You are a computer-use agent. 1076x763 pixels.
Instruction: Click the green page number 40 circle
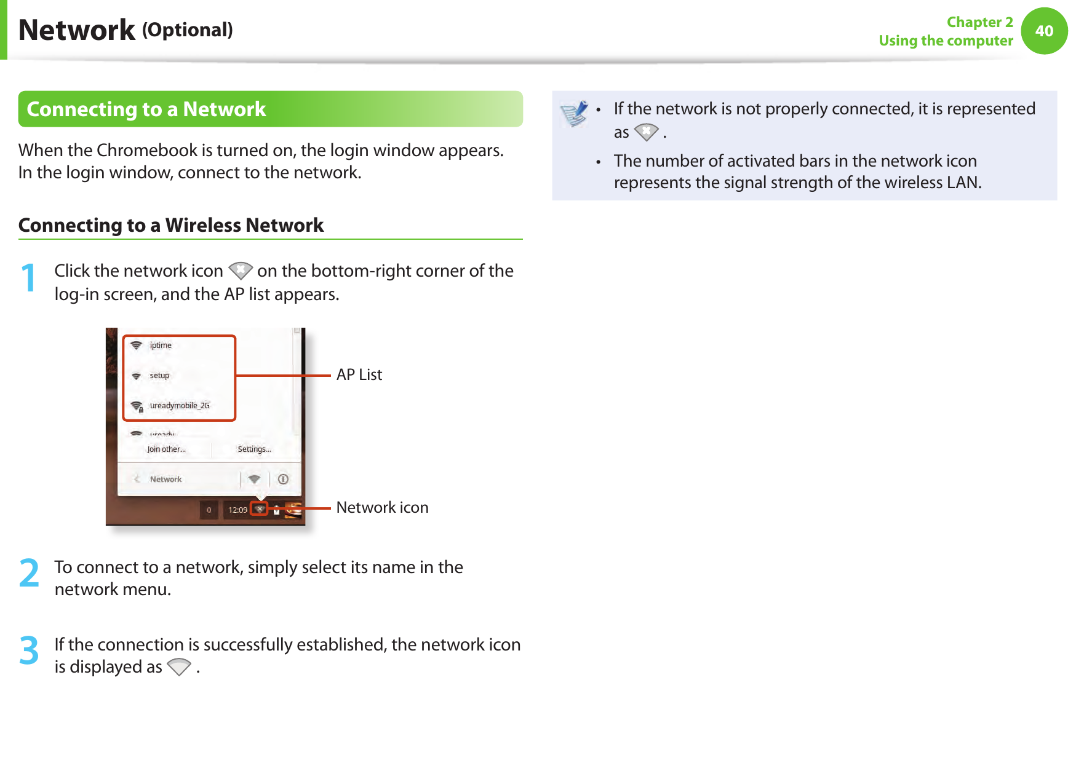pyautogui.click(x=1044, y=31)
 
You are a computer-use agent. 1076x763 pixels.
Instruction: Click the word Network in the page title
pyautogui.click(x=77, y=30)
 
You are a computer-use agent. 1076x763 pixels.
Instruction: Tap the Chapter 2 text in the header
pyautogui.click(x=979, y=22)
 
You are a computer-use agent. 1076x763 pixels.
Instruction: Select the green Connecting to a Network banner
pyautogui.click(x=270, y=109)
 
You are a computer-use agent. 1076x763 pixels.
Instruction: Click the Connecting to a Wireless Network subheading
pyautogui.click(x=171, y=225)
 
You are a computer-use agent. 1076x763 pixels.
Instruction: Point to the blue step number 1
pyautogui.click(x=28, y=278)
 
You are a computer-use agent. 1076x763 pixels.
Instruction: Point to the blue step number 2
pyautogui.click(x=29, y=574)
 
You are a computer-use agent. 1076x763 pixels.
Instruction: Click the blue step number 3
pyautogui.click(x=29, y=651)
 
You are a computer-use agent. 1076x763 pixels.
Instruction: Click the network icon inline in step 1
pyautogui.click(x=240, y=271)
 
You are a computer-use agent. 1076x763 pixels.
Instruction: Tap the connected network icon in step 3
pyautogui.click(x=179, y=667)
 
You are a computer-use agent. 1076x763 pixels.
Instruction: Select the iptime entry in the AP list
pyautogui.click(x=161, y=346)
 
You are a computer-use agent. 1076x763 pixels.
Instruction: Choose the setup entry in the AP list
pyautogui.click(x=159, y=376)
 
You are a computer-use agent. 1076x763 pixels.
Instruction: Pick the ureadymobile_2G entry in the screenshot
pyautogui.click(x=179, y=406)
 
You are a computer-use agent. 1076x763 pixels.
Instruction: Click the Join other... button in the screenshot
pyautogui.click(x=166, y=449)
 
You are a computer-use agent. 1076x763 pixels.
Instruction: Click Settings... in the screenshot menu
pyautogui.click(x=254, y=449)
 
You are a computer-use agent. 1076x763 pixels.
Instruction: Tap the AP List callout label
pyautogui.click(x=359, y=375)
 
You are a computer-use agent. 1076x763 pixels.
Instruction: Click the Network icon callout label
pyautogui.click(x=382, y=508)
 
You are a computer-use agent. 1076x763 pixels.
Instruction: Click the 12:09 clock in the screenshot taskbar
pyautogui.click(x=237, y=510)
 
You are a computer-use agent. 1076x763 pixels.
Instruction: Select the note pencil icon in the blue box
pyautogui.click(x=575, y=114)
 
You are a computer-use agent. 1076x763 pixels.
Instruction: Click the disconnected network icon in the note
pyautogui.click(x=646, y=132)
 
